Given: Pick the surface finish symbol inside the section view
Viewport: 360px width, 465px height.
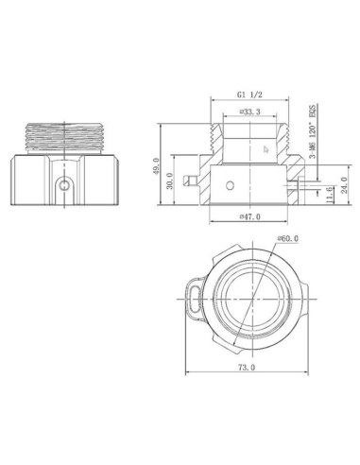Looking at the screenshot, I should point(266,147).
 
